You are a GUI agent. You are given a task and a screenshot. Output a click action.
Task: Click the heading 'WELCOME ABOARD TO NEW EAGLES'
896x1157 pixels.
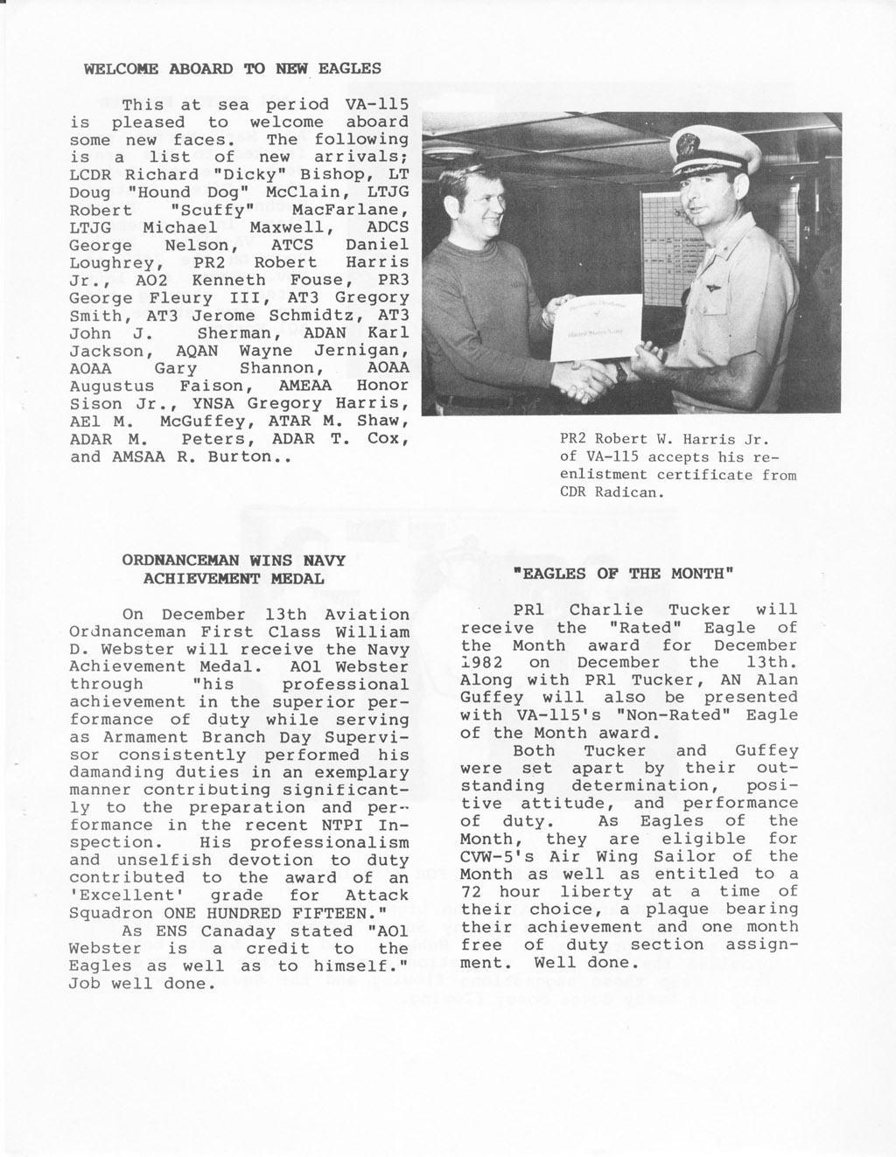click(232, 68)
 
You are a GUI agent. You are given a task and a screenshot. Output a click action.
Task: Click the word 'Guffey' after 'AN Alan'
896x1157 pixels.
click(492, 698)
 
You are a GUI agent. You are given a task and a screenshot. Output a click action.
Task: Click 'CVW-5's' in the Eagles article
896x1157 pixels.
click(496, 856)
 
